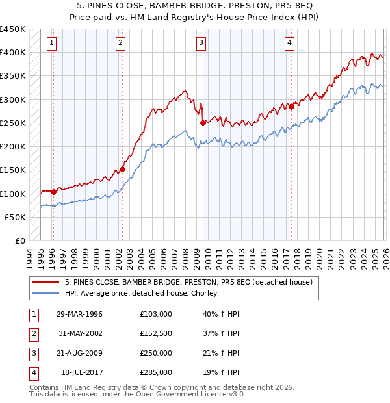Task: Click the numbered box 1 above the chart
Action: [x=51, y=43]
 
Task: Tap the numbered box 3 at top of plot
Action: [x=201, y=43]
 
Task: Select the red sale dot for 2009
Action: [x=203, y=123]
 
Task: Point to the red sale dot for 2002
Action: [x=122, y=169]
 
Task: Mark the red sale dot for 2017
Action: [x=291, y=107]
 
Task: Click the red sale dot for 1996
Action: [x=53, y=192]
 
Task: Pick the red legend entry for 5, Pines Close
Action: [x=189, y=282]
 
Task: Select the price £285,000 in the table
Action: [x=156, y=372]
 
